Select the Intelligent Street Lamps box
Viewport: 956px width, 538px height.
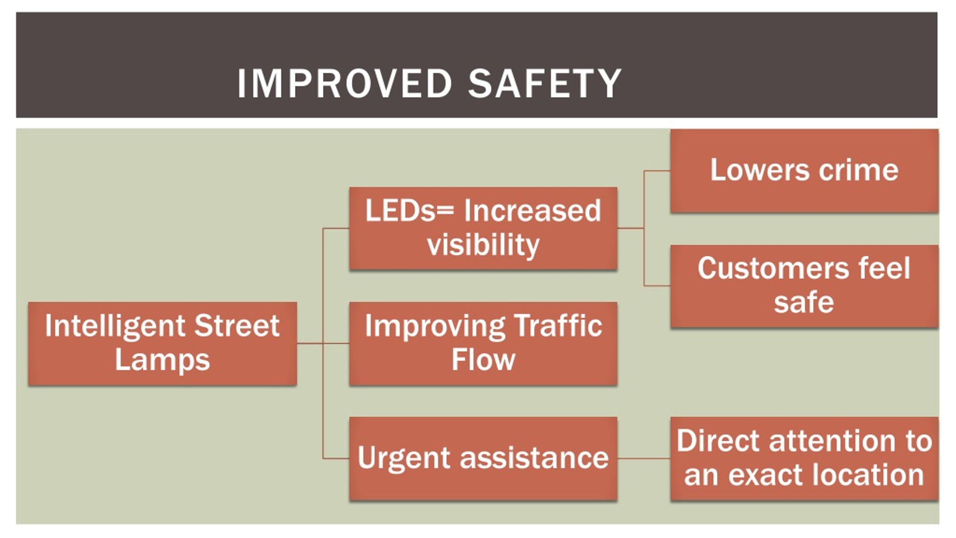162,343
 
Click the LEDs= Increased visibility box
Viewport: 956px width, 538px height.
483,228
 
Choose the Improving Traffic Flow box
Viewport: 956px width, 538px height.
483,343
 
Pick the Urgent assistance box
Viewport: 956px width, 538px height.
483,458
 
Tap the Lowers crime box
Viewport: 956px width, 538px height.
804,171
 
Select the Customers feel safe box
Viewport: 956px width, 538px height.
804,286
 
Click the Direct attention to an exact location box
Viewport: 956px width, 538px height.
804,458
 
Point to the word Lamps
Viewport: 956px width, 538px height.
162,361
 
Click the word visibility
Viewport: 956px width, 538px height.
483,245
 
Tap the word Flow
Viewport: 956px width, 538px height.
483,360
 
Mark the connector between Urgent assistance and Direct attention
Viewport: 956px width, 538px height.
644,458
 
